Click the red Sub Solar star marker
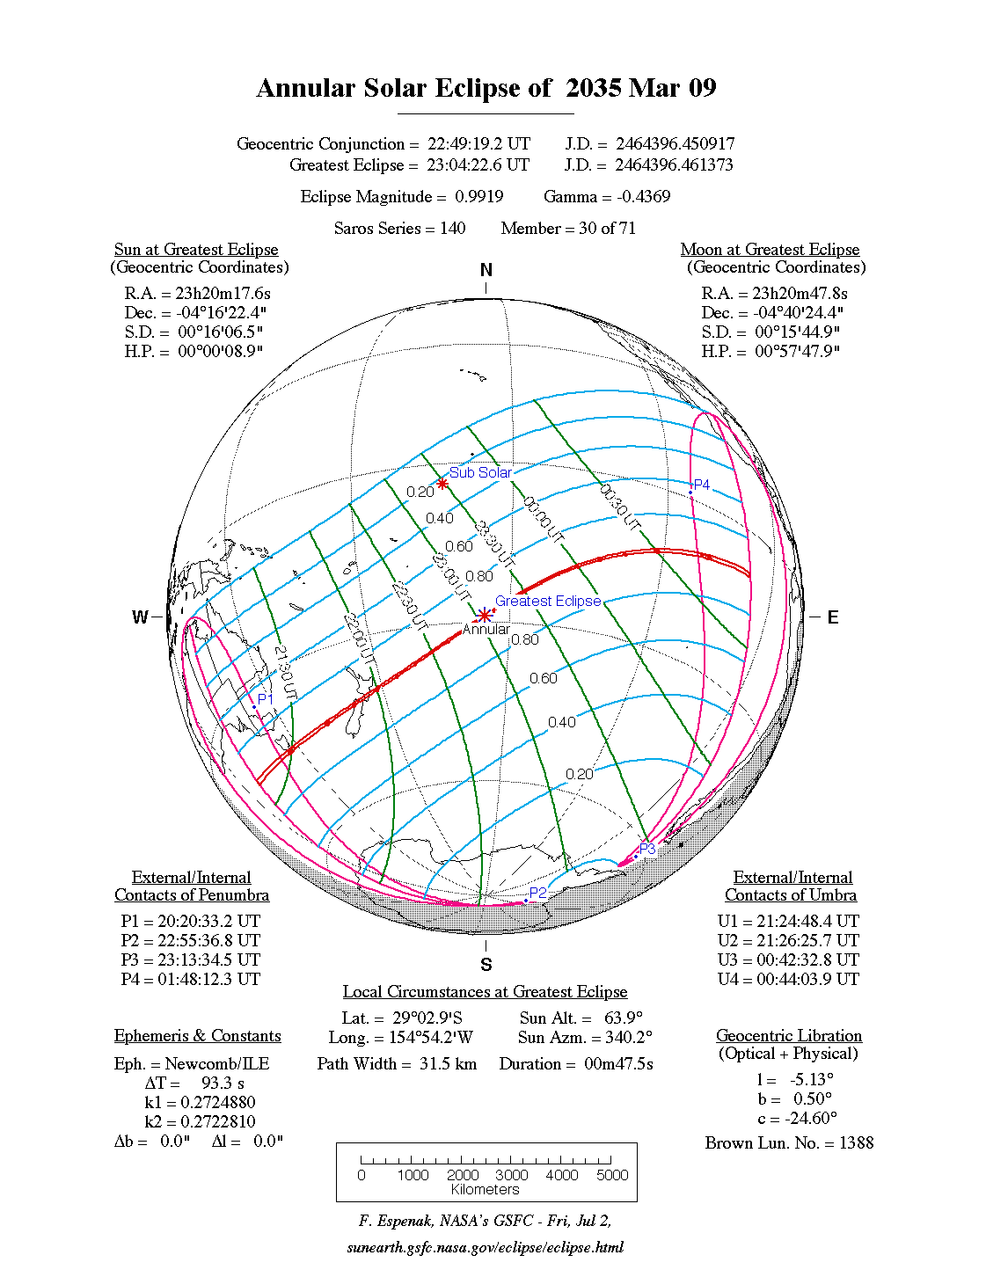click(442, 484)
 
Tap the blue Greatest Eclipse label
click(548, 601)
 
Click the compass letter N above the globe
click(486, 270)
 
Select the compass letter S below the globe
click(486, 965)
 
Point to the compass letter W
click(140, 617)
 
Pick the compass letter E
click(832, 617)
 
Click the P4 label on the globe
click(701, 485)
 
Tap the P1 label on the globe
click(266, 698)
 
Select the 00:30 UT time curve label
click(620, 506)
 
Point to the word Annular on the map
click(486, 630)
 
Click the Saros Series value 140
click(452, 228)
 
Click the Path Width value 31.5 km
click(448, 1063)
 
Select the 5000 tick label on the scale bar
click(612, 1175)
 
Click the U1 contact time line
click(788, 921)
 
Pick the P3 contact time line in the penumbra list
click(191, 960)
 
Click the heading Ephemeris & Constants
click(198, 1035)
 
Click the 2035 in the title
click(593, 88)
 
